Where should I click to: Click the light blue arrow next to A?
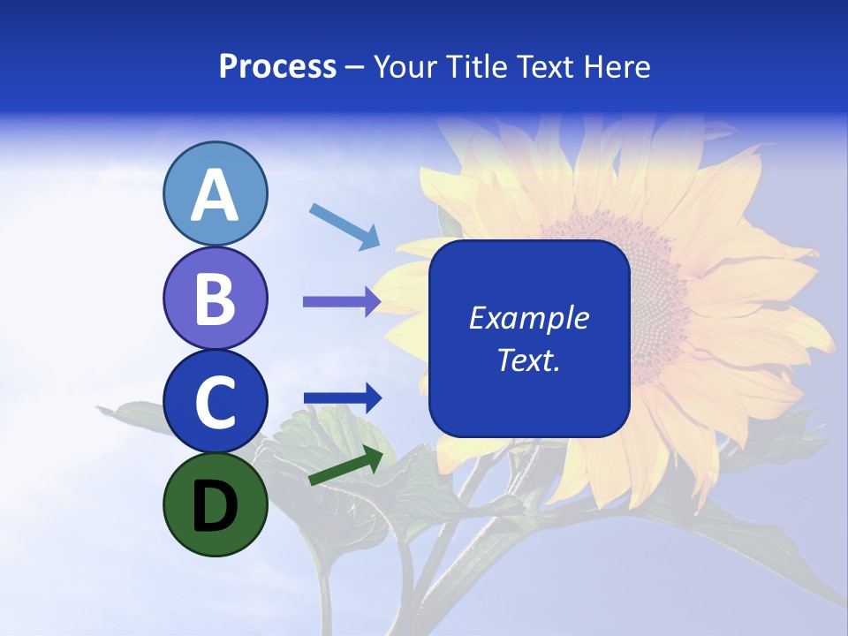[344, 225]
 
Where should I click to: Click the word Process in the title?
[277, 67]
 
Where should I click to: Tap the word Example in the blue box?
[528, 318]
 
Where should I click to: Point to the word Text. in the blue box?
[528, 360]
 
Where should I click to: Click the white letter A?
[215, 194]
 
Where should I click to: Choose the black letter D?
[215, 506]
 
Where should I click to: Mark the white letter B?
[215, 298]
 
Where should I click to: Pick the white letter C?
[215, 402]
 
